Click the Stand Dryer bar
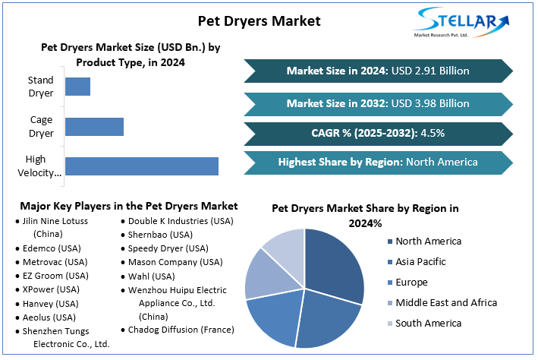click(77, 87)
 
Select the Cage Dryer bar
click(94, 127)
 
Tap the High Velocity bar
click(141, 166)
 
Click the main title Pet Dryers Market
click(260, 21)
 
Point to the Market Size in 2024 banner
click(378, 71)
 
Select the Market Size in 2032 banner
click(378, 103)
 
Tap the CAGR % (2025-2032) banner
click(378, 133)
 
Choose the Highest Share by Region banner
click(378, 162)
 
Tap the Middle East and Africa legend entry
click(446, 303)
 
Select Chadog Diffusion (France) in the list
click(181, 330)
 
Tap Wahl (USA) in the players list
click(152, 276)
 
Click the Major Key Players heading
click(129, 206)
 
